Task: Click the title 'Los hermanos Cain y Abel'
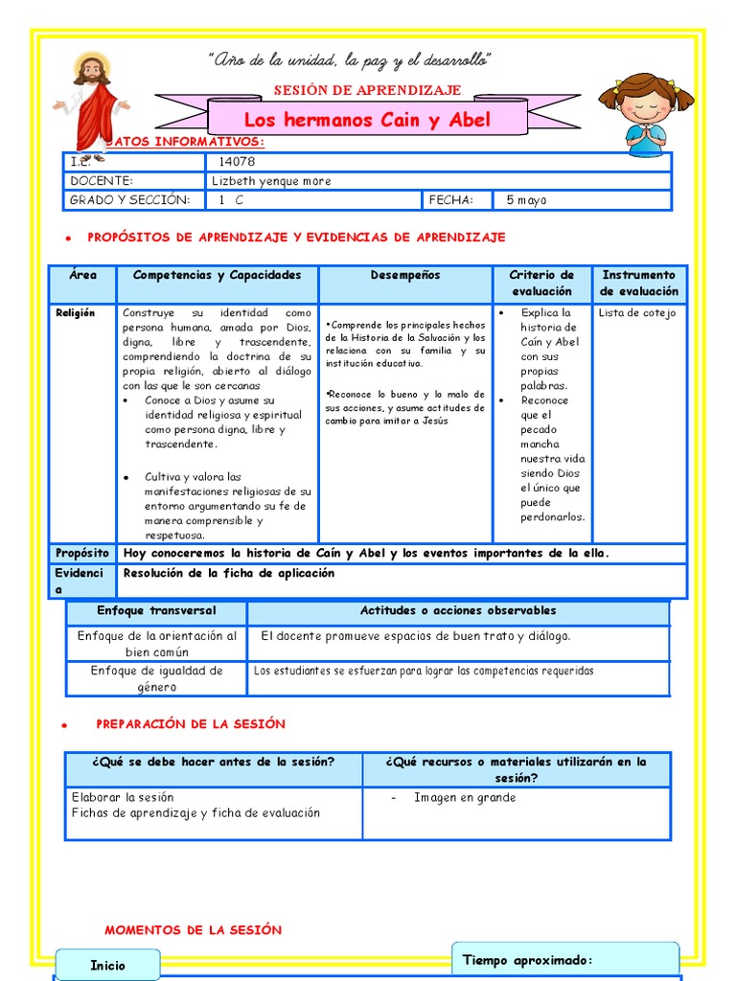click(367, 120)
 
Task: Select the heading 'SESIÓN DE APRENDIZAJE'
click(368, 90)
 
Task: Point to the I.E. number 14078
click(237, 162)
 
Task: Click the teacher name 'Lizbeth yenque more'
click(272, 181)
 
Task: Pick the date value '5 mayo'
click(526, 200)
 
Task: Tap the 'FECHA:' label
click(451, 200)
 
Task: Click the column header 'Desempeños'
click(405, 276)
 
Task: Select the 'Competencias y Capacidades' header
click(217, 276)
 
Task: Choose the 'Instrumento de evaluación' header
click(638, 284)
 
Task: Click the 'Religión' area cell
click(76, 313)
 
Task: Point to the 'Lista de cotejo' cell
click(636, 313)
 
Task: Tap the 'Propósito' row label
click(82, 553)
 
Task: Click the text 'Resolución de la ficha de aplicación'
click(228, 573)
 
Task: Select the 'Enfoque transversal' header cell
click(156, 611)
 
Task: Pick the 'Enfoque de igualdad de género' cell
click(156, 678)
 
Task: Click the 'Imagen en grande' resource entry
click(465, 798)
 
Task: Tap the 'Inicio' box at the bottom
click(107, 966)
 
